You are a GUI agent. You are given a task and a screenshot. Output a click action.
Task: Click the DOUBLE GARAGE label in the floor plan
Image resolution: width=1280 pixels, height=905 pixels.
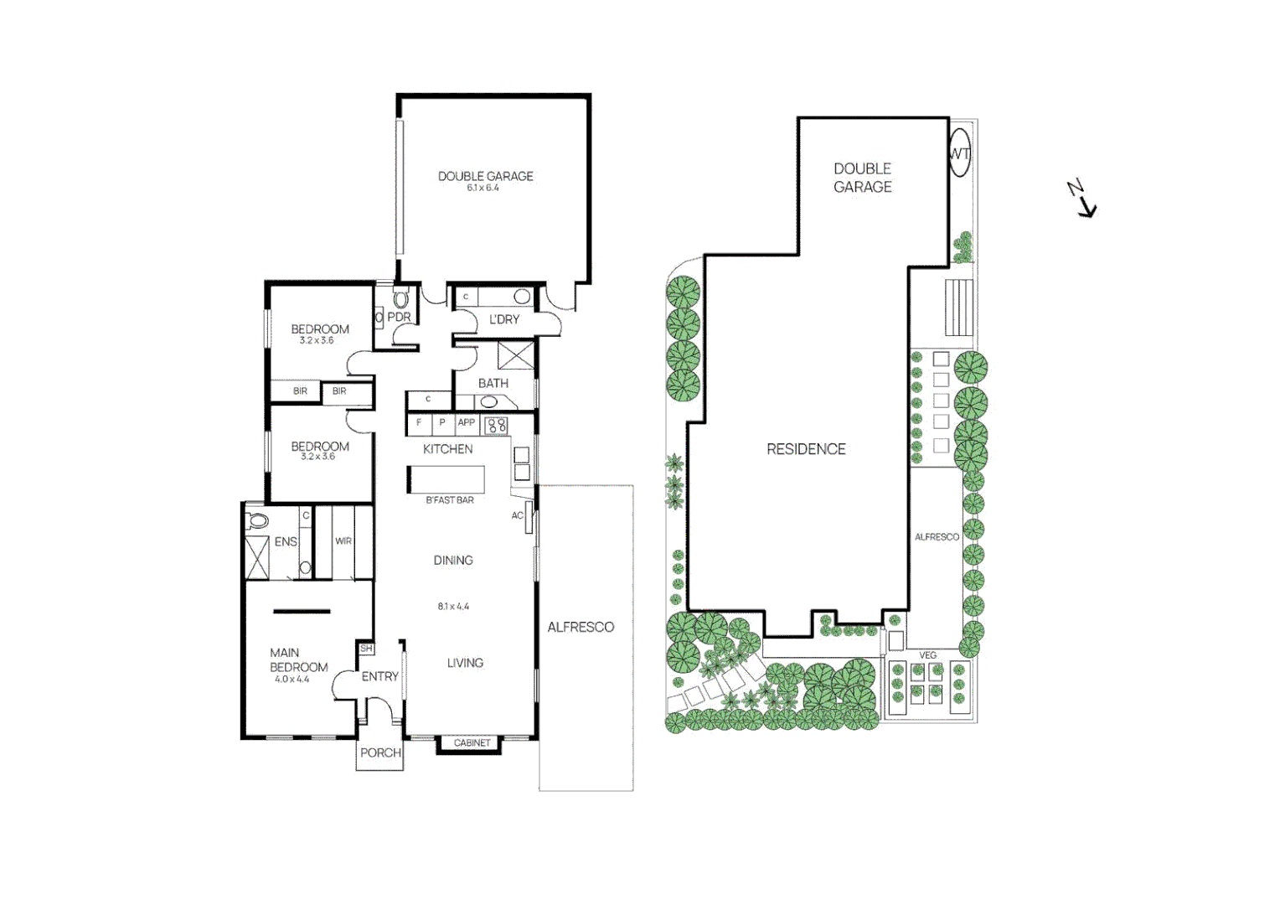point(485,176)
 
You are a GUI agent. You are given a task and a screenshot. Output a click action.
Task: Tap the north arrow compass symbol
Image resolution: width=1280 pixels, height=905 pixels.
point(1082,199)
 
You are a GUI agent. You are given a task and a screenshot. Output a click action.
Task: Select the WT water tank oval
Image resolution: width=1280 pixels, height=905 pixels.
point(959,153)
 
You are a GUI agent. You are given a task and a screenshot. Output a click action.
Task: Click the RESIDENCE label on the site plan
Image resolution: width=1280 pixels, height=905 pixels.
point(806,449)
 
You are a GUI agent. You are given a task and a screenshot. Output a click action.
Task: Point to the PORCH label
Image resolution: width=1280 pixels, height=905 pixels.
point(380,752)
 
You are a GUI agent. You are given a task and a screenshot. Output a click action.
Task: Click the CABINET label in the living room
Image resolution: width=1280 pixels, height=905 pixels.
point(472,743)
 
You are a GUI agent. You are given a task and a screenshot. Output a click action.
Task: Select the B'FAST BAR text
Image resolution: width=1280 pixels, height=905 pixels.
point(450,500)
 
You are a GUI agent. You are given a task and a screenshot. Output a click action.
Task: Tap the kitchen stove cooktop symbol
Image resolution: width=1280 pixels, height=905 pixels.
point(496,425)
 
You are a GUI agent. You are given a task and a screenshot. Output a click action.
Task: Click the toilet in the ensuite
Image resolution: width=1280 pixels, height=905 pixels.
point(257,520)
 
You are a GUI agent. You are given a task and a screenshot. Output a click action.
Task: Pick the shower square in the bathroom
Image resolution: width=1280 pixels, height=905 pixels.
point(515,355)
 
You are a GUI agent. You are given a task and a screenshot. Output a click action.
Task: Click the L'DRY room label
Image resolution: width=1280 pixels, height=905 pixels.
point(504,319)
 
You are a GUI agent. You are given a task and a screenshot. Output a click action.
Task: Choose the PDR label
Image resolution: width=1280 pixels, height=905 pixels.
point(399,318)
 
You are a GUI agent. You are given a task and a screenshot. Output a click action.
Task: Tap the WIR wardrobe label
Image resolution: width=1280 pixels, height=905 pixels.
point(343,541)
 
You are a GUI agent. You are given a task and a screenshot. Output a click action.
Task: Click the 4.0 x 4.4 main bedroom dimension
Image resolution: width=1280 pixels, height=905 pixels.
point(292,680)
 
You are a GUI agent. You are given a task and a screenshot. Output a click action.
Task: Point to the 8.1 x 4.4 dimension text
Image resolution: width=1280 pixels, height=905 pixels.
point(453,607)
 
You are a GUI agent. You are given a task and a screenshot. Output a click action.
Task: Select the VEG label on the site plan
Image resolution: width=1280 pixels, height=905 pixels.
point(927,655)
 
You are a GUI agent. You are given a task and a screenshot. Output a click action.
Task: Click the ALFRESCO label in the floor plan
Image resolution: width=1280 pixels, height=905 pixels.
point(581,627)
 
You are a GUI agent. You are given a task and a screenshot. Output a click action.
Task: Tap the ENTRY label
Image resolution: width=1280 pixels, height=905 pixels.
point(380,676)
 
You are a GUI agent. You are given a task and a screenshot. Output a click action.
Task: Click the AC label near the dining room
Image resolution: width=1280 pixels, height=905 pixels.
point(518,515)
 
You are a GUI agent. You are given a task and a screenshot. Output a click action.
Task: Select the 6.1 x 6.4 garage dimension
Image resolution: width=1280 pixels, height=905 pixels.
point(483,189)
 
